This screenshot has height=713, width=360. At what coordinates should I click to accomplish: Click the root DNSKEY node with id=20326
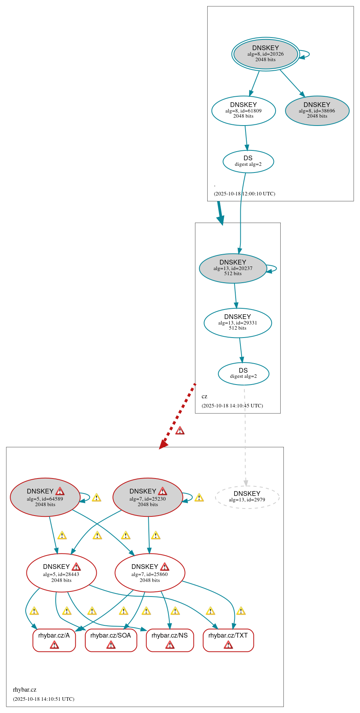(265, 54)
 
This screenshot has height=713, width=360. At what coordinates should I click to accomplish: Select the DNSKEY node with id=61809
(244, 111)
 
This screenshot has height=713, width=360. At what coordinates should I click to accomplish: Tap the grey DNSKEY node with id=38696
(317, 111)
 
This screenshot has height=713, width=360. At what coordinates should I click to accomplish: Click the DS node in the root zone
(248, 161)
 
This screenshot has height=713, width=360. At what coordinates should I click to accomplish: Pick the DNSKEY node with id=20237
(233, 268)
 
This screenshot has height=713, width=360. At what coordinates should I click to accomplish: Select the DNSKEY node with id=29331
(238, 323)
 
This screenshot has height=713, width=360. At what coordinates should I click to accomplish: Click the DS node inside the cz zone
(244, 373)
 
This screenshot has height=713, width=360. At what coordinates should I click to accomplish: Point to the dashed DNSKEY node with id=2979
(247, 497)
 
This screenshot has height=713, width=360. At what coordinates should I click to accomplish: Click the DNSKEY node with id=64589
(45, 497)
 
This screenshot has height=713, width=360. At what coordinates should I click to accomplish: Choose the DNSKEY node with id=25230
(148, 497)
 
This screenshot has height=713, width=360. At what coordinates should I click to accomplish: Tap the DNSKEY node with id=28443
(61, 572)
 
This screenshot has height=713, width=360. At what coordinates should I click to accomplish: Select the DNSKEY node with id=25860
(150, 572)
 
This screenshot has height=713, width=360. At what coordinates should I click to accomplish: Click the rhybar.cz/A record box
(54, 640)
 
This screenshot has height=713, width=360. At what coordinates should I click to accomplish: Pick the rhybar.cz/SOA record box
(111, 640)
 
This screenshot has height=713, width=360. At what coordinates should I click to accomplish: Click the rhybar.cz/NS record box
(170, 640)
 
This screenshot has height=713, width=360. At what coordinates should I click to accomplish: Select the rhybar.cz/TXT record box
(228, 640)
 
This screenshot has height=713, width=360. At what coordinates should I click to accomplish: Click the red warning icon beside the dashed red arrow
(180, 430)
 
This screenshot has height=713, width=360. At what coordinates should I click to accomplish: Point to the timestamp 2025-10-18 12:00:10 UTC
(244, 193)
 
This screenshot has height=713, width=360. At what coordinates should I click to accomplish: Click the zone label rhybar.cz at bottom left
(24, 690)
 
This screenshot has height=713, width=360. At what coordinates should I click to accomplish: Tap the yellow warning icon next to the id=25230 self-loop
(199, 497)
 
